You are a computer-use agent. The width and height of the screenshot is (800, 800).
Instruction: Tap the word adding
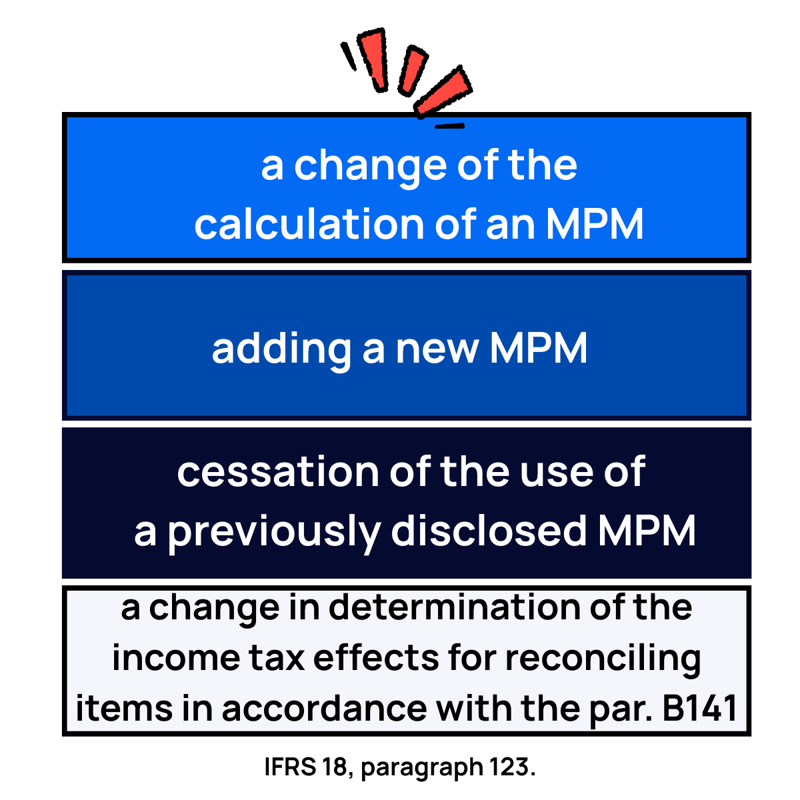281,349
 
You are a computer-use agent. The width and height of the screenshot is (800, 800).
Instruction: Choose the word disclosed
488,531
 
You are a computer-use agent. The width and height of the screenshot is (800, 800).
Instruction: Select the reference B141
700,709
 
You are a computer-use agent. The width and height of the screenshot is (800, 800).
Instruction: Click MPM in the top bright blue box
595,225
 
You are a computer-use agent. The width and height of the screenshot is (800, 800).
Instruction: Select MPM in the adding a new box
539,349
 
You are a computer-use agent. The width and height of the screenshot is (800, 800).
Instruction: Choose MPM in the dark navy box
647,531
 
